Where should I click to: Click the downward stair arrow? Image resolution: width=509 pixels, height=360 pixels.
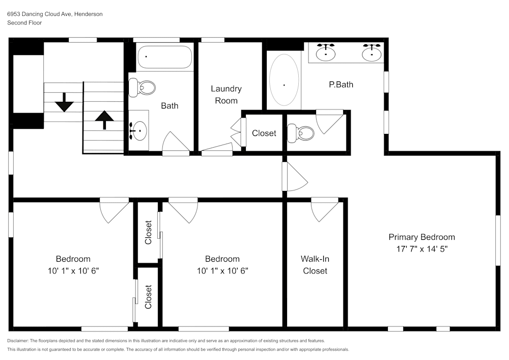coord(65,103)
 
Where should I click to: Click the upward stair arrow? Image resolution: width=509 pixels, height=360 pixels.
coord(104,120)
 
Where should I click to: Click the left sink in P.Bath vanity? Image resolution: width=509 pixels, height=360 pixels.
coord(326,52)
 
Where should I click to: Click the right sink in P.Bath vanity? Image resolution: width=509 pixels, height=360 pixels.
coord(372,52)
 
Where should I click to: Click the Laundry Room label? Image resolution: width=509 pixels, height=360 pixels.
coord(226,95)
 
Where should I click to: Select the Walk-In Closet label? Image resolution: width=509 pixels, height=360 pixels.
coord(315,265)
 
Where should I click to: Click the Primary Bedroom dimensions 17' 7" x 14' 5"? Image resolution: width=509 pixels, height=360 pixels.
coord(421,249)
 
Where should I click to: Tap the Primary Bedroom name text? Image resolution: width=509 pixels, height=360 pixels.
coord(421,237)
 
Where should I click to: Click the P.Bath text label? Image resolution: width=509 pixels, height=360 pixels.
coord(341,85)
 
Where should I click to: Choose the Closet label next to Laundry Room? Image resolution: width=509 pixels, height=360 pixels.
coord(264,133)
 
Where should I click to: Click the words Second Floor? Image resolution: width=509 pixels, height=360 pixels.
coord(24,23)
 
